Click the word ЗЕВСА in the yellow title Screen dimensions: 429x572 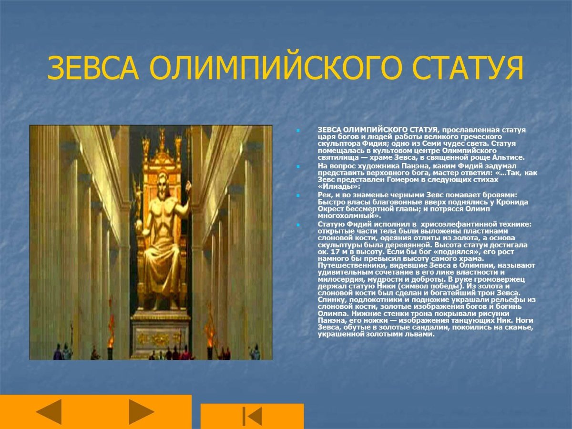tap(92, 69)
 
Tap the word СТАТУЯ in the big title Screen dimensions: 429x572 tap(468, 69)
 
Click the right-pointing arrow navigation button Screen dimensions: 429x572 tap(142, 411)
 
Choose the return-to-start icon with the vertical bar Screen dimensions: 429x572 tap(252, 416)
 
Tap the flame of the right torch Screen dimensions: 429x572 tap(210, 324)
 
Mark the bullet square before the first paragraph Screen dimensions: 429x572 tap(297, 130)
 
